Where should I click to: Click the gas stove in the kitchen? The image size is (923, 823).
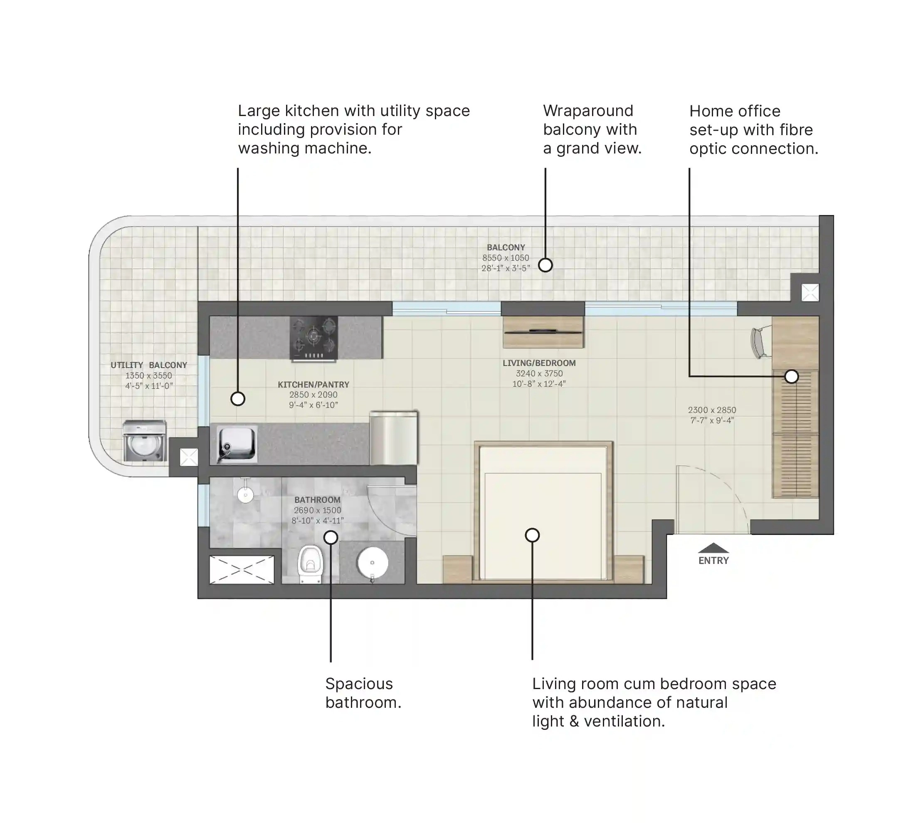tap(313, 339)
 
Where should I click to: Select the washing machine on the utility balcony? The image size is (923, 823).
tap(145, 441)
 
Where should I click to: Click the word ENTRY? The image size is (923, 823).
tap(714, 561)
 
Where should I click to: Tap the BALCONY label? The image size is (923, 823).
tap(506, 247)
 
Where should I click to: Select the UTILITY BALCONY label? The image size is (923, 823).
tap(149, 365)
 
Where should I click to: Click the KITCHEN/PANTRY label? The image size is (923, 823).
tap(313, 384)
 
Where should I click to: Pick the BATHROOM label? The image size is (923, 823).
tap(317, 500)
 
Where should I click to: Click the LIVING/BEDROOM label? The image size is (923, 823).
tap(539, 363)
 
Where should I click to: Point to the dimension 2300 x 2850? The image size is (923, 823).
tap(712, 410)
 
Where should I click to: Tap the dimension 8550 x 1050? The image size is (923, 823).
tap(506, 258)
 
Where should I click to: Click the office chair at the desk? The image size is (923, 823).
tap(761, 342)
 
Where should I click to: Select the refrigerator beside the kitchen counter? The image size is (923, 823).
tap(394, 438)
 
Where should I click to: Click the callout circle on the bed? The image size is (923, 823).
tap(533, 535)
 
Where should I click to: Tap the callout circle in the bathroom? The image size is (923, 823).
tap(331, 537)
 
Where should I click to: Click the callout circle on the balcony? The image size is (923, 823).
tap(545, 265)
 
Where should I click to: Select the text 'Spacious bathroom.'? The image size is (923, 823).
tap(363, 693)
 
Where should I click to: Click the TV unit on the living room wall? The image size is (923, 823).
tap(543, 332)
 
